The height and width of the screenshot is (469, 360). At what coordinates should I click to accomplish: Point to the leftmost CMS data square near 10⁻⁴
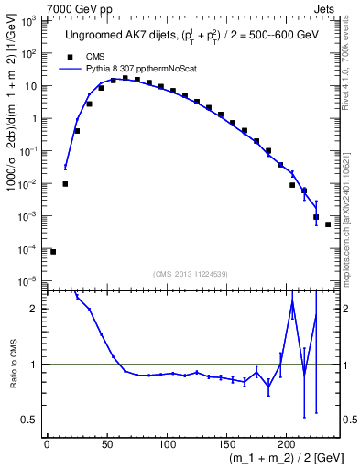click(x=53, y=251)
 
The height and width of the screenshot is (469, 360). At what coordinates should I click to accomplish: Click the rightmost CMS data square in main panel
click(x=328, y=224)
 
